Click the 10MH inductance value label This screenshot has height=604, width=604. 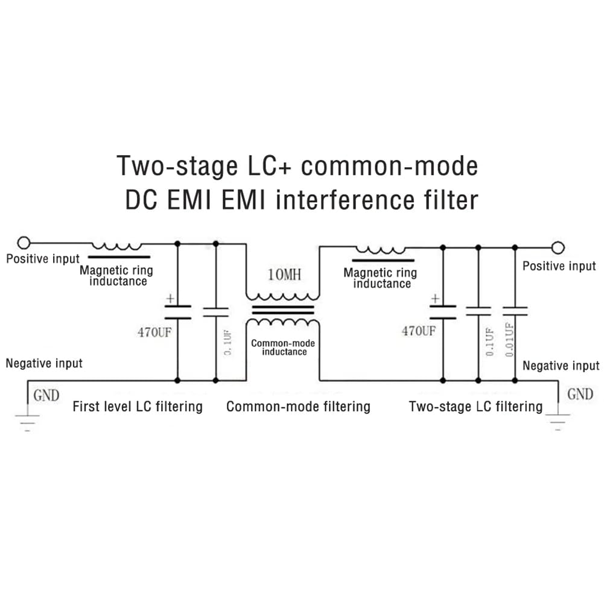click(284, 275)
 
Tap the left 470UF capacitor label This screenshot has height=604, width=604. click(154, 332)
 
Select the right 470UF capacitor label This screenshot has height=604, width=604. click(419, 331)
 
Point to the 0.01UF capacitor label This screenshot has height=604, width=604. click(509, 340)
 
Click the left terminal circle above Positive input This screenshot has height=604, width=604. click(24, 243)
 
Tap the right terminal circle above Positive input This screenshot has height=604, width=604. click(558, 247)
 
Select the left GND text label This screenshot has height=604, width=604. click(46, 396)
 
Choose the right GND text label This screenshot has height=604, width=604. click(580, 395)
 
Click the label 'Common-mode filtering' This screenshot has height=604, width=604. click(298, 407)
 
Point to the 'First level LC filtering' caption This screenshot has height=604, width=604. click(138, 407)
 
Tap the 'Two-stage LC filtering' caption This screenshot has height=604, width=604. click(475, 407)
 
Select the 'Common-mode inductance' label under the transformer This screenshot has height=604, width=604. click(283, 348)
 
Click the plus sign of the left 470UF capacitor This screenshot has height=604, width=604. click(170, 299)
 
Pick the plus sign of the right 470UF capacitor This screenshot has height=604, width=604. click(435, 299)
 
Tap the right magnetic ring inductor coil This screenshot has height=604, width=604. click(381, 250)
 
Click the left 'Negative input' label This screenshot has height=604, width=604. click(44, 363)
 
